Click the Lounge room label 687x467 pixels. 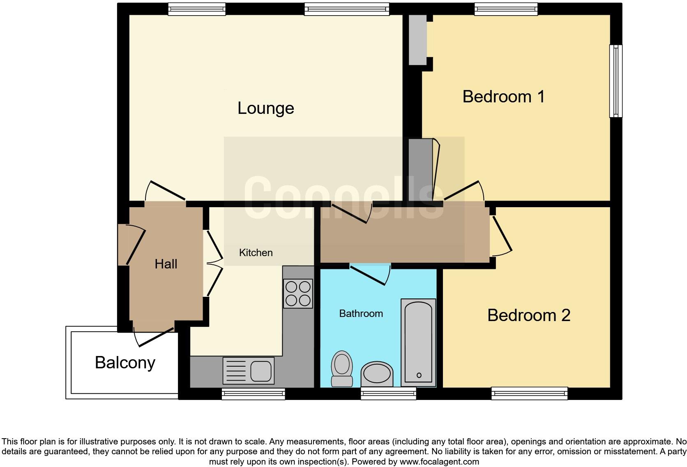(x=265, y=108)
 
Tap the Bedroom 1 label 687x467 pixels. (x=503, y=97)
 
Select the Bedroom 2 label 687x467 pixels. (x=528, y=315)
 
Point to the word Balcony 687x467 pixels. (x=125, y=363)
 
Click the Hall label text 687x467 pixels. (x=166, y=264)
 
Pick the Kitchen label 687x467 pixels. (x=256, y=252)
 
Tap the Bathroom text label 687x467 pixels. (x=361, y=314)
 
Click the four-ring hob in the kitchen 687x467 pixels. (x=298, y=294)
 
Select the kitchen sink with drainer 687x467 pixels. (x=248, y=370)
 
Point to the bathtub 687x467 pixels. (x=418, y=342)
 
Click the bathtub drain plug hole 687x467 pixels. (x=419, y=375)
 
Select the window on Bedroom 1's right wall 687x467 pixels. (x=615, y=81)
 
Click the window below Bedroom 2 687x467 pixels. (x=529, y=393)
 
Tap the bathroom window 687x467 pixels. (x=388, y=393)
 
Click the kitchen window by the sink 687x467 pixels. (x=253, y=393)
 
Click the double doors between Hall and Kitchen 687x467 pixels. (x=213, y=263)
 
